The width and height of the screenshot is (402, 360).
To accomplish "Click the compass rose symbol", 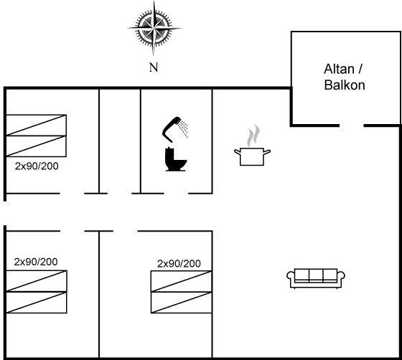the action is (x=154, y=28).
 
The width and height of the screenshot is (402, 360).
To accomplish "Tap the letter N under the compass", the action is (x=154, y=67).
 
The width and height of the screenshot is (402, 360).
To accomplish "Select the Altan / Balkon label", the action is (x=345, y=77).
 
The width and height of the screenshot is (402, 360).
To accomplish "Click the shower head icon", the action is (x=172, y=129).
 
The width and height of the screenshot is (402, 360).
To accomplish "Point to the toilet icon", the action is (x=176, y=159).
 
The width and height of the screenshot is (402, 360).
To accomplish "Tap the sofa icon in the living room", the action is (x=316, y=278).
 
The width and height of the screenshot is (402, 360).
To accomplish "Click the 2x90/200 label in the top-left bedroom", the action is (x=37, y=166).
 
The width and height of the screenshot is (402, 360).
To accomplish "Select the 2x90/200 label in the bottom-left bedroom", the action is (x=36, y=262).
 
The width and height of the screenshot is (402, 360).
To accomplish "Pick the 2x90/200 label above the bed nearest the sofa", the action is (x=179, y=263).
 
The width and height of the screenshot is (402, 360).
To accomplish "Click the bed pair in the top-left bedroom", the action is (x=36, y=136).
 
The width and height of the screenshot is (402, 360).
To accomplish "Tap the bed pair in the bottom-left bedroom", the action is (x=37, y=292).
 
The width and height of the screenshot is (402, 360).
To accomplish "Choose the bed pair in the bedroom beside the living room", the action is (x=181, y=292).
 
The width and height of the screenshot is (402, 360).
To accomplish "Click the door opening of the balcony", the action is (x=352, y=125).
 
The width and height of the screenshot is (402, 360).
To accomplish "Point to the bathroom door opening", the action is (x=176, y=194).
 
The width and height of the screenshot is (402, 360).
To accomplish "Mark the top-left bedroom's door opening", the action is (x=72, y=194).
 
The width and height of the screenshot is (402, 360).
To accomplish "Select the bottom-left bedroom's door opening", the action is (x=73, y=231).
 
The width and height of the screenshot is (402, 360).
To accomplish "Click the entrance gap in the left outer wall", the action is (x=5, y=213).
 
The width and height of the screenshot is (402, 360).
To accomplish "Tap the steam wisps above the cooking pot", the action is (x=253, y=136).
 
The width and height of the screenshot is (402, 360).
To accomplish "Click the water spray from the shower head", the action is (x=184, y=128).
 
